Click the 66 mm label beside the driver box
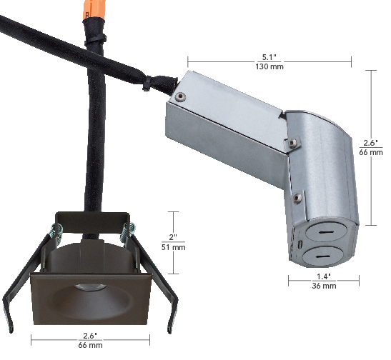pyautogui.click(x=372, y=152)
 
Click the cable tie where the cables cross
pyautogui.click(x=147, y=84)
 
